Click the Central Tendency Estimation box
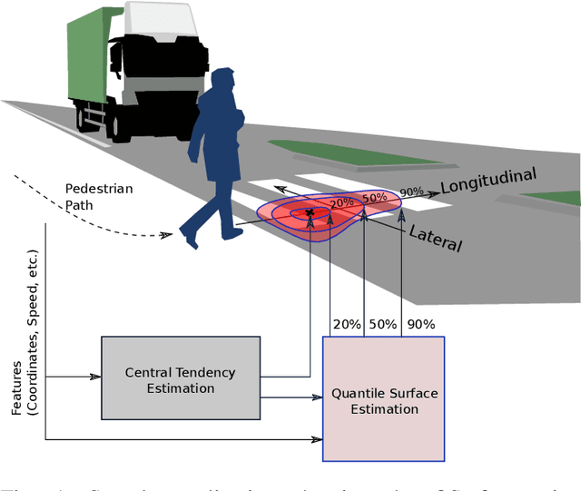tap(181, 378)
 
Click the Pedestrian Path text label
tap(98, 196)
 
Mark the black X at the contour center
tap(310, 212)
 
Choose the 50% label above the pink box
tap(382, 324)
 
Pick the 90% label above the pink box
tap(420, 324)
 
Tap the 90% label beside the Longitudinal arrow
tap(411, 192)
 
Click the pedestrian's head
tap(221, 81)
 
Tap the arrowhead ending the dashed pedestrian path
tap(167, 235)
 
